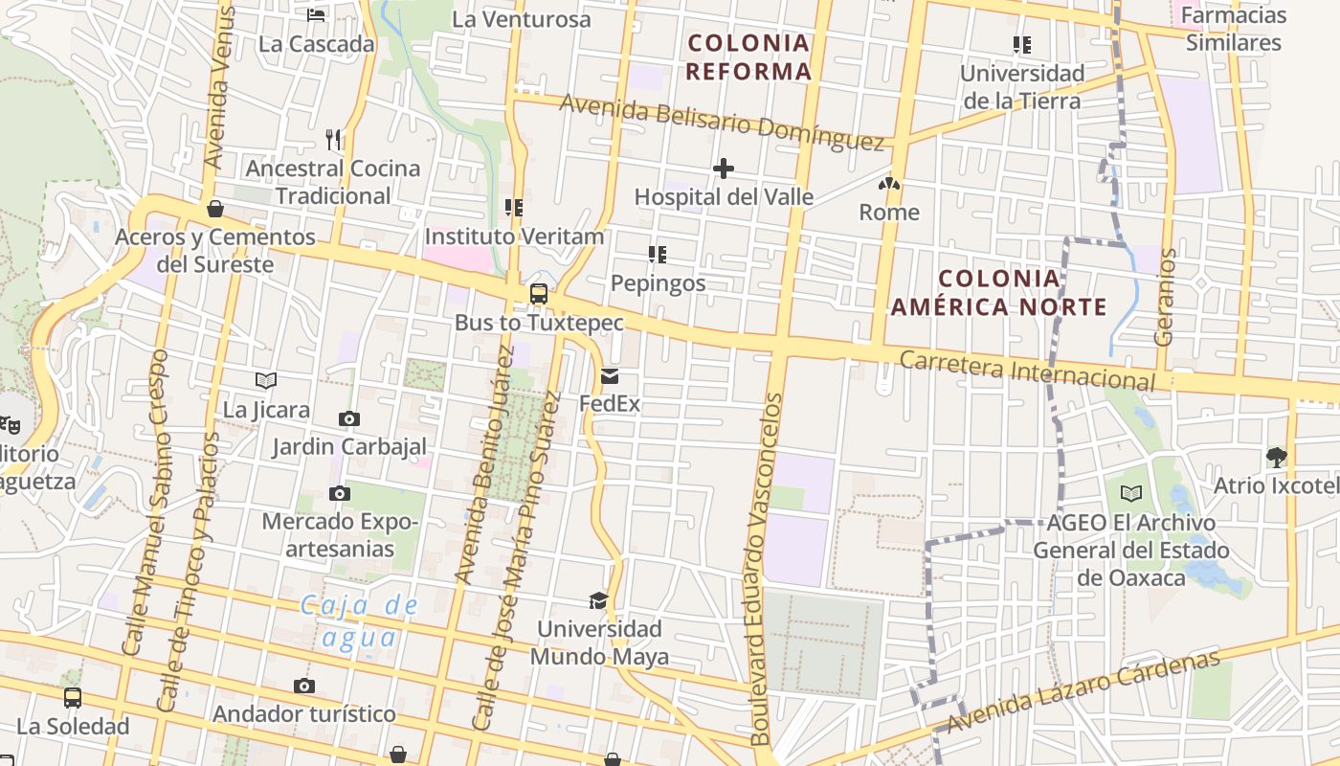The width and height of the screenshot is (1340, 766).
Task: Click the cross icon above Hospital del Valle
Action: click(x=724, y=169)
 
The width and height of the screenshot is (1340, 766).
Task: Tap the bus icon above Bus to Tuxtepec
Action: click(x=539, y=294)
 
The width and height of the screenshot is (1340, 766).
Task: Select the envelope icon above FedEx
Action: click(x=610, y=376)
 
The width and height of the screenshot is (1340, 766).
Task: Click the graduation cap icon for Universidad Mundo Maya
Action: click(x=598, y=600)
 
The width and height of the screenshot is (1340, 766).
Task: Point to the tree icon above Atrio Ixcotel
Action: click(x=1276, y=457)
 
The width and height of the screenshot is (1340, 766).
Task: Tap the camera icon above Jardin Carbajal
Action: click(x=349, y=418)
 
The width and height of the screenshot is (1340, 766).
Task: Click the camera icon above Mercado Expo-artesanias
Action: click(x=339, y=494)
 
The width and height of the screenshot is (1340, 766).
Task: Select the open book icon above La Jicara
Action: click(x=266, y=381)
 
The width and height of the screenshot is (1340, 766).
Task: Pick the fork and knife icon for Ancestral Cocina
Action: click(x=333, y=140)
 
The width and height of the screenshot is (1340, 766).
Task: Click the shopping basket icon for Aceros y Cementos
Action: click(x=215, y=209)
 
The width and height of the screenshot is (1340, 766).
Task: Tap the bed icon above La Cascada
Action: click(x=316, y=15)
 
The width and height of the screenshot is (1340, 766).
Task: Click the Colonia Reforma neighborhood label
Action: click(x=749, y=56)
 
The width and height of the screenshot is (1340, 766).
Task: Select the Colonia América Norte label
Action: click(x=999, y=293)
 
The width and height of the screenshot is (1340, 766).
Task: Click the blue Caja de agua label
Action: click(x=359, y=621)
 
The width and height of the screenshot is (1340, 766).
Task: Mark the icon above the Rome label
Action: click(x=889, y=184)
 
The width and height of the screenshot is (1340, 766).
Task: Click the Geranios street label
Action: click(x=1165, y=297)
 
